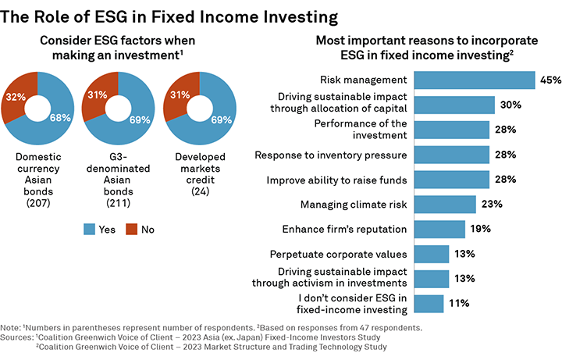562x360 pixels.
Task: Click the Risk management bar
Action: [x=473, y=80]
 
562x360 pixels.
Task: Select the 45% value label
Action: [x=550, y=80]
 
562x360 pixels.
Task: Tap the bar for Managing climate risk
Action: [x=444, y=205]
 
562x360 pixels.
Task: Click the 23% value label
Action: [x=492, y=205]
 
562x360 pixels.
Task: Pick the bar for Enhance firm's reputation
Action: [x=439, y=230]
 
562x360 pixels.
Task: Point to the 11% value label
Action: [x=460, y=304]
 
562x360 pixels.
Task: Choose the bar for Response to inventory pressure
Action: [x=450, y=155]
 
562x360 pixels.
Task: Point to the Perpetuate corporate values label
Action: [x=338, y=255]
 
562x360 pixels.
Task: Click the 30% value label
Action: [x=510, y=105]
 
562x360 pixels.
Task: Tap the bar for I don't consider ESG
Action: [x=428, y=304]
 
